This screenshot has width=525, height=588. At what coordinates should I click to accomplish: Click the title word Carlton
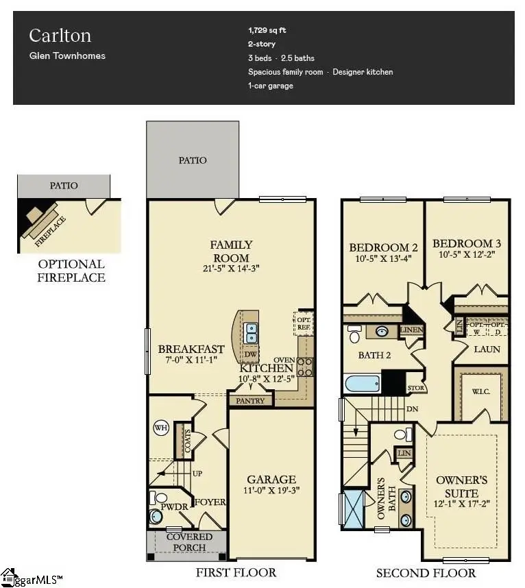point(60,36)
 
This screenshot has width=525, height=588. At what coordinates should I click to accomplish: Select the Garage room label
point(271,479)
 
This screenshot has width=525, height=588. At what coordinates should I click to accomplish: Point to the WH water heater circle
point(162,428)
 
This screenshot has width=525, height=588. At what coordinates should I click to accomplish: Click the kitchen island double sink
point(252,333)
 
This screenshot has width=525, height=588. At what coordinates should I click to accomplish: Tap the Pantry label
point(249,400)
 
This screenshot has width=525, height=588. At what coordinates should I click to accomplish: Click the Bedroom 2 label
point(383,247)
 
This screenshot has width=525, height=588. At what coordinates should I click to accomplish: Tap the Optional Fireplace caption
point(71,271)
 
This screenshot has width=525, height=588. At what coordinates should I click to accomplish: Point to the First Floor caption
point(235,572)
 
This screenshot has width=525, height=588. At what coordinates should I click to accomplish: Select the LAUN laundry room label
point(487,350)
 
